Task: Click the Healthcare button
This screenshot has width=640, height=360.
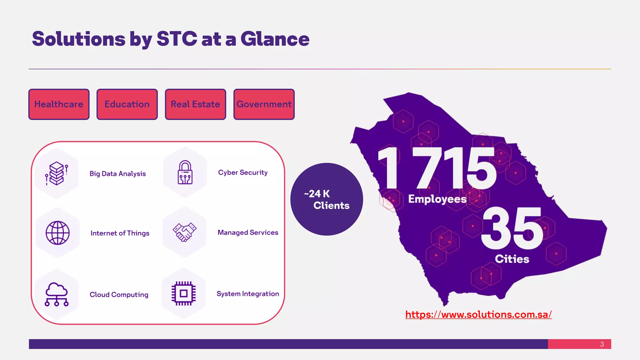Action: (59, 104)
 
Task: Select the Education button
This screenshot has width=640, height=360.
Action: (127, 104)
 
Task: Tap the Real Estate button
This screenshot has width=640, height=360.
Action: (195, 104)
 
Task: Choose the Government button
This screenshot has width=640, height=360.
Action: (264, 104)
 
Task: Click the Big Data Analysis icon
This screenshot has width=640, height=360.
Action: (57, 173)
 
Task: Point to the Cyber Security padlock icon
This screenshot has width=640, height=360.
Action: (185, 172)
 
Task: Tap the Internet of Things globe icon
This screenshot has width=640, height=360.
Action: (57, 233)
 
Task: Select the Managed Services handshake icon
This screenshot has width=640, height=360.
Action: (184, 232)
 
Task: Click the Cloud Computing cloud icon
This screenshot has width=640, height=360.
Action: (57, 294)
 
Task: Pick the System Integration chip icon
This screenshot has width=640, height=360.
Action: (184, 293)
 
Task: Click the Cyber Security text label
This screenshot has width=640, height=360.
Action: (243, 172)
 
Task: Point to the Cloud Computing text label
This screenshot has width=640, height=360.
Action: (119, 295)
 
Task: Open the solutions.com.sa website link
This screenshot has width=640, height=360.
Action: (478, 314)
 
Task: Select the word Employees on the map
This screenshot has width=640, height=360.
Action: (437, 199)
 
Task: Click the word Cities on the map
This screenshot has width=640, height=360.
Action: (512, 259)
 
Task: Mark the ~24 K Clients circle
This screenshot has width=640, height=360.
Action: (327, 199)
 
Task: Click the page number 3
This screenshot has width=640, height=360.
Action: (602, 344)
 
